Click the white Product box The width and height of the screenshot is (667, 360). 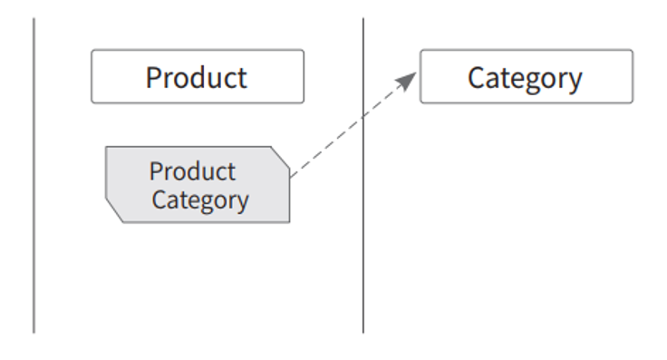[198, 76]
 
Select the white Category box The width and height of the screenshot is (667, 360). [527, 76]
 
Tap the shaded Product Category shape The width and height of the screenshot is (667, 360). [198, 185]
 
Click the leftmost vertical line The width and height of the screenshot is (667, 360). [34, 175]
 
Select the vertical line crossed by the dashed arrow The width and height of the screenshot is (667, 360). [363, 175]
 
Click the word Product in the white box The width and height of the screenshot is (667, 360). [196, 77]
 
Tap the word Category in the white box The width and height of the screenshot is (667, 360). [525, 79]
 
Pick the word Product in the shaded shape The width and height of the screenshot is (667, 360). [192, 171]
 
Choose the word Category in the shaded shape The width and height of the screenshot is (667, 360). [200, 200]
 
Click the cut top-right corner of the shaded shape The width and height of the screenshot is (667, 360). [280, 156]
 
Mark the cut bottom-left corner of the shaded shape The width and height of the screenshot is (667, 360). [114, 210]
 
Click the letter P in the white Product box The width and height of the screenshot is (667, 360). [154, 77]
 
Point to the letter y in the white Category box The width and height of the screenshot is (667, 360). [575, 83]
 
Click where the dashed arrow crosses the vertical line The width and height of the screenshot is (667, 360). [363, 116]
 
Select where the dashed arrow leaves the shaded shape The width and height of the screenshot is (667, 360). [291, 176]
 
